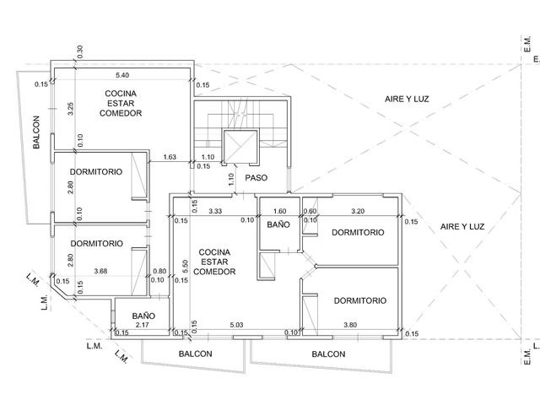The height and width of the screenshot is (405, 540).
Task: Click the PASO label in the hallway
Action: (x=256, y=178)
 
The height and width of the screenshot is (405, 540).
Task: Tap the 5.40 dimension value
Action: (x=122, y=75)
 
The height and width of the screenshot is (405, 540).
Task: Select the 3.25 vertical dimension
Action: (x=71, y=109)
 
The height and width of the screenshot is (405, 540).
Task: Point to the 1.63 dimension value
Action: (x=170, y=157)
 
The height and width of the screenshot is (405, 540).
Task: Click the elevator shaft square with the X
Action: (x=240, y=146)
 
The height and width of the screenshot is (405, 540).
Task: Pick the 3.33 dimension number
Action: (x=215, y=211)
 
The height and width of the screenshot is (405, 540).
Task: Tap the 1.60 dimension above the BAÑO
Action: (x=279, y=211)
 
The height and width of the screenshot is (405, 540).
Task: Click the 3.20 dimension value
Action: (x=358, y=211)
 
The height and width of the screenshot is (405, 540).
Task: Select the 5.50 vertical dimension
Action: (x=185, y=267)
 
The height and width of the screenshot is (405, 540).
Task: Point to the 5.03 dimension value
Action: (x=236, y=325)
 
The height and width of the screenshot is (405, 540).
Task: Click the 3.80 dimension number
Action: (x=350, y=325)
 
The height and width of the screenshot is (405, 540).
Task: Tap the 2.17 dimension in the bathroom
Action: (x=143, y=325)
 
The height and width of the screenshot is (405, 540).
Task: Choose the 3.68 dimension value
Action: (x=100, y=272)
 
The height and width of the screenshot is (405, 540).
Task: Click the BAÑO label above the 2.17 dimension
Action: (x=143, y=316)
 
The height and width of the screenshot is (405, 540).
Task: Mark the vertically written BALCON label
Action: (x=36, y=132)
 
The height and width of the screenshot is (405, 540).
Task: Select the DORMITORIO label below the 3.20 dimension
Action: (x=358, y=233)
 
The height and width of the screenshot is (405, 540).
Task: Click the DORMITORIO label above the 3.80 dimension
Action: (x=360, y=300)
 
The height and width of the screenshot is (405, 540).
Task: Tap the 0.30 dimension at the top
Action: (x=80, y=51)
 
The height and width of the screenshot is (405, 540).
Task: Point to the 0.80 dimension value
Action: (x=159, y=272)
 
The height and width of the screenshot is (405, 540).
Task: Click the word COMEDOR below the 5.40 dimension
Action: (x=121, y=113)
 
